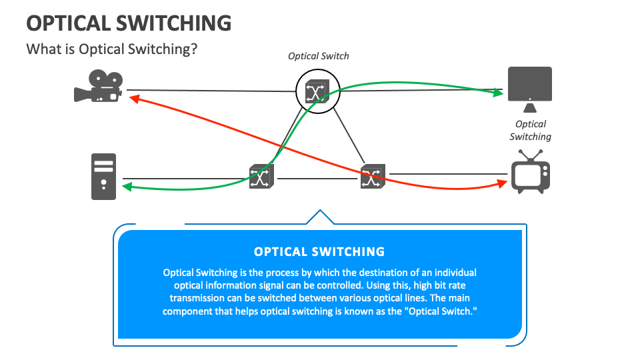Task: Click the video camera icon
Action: [97, 86]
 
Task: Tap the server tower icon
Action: [104, 176]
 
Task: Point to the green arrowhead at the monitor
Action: [498, 93]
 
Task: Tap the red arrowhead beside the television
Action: [502, 182]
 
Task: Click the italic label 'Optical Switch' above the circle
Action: [318, 56]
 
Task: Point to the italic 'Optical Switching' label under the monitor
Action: [531, 130]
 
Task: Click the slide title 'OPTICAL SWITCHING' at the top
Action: [129, 23]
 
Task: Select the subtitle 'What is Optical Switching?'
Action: [111, 49]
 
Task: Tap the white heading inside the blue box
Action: [319, 252]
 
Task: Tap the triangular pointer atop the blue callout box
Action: [319, 217]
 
